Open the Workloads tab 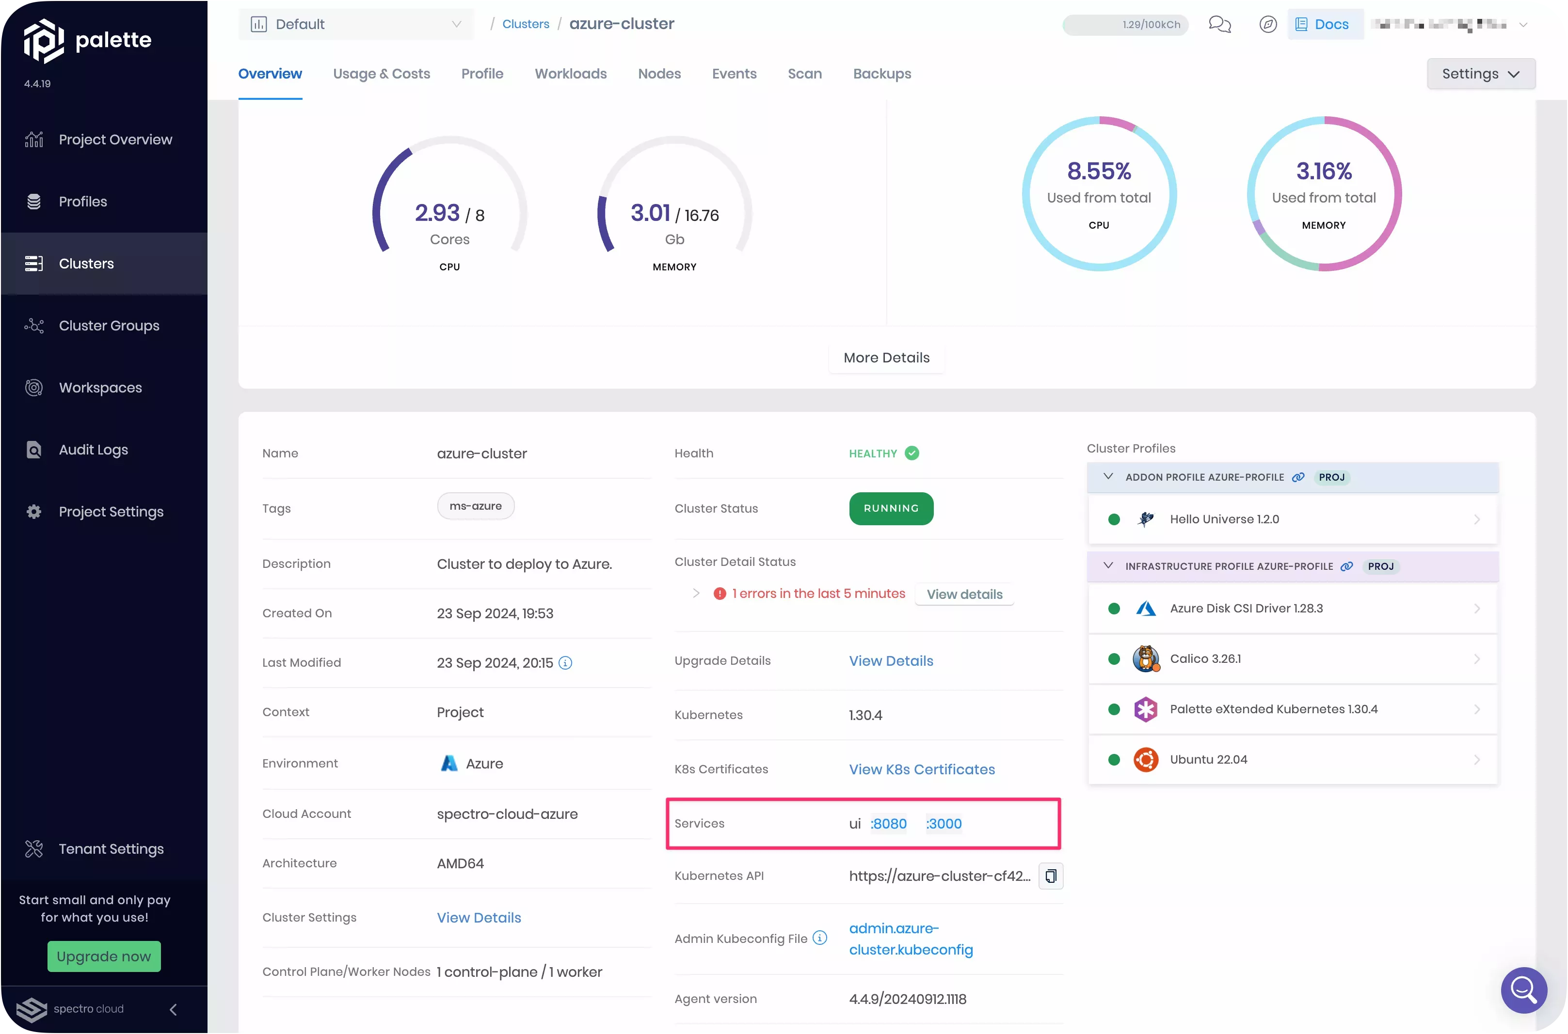[x=571, y=74]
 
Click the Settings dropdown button [x=1481, y=74]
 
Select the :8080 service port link [x=889, y=824]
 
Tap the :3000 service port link [x=944, y=824]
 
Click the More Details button [x=886, y=358]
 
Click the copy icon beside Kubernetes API [x=1050, y=876]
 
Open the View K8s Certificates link [x=922, y=769]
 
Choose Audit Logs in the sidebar [x=93, y=450]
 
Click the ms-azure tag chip [x=476, y=506]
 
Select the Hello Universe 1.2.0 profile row [x=1292, y=519]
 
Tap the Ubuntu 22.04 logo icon [x=1146, y=760]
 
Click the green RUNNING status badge [x=891, y=508]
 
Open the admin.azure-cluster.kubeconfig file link [x=911, y=939]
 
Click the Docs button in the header [x=1324, y=24]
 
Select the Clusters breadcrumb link [x=525, y=24]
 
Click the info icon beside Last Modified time [x=565, y=663]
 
